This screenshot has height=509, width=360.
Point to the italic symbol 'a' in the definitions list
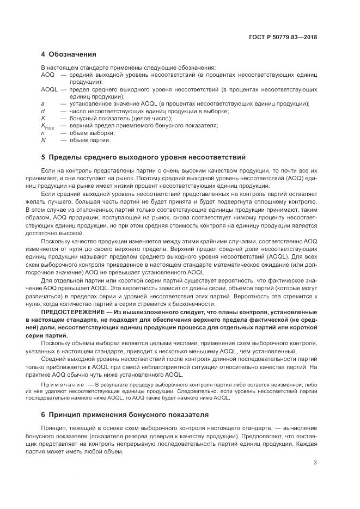tap(42, 104)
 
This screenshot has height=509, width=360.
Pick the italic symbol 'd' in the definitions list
tap(42, 111)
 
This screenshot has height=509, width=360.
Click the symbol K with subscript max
tap(47, 126)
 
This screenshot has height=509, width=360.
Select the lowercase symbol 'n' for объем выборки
tap(42, 133)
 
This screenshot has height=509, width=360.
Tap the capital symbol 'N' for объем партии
tap(43, 140)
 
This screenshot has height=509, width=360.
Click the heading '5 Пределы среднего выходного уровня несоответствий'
tap(143, 157)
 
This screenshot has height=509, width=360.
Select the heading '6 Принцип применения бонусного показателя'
tap(125, 415)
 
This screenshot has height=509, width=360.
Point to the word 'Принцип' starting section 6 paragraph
tap(66, 430)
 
